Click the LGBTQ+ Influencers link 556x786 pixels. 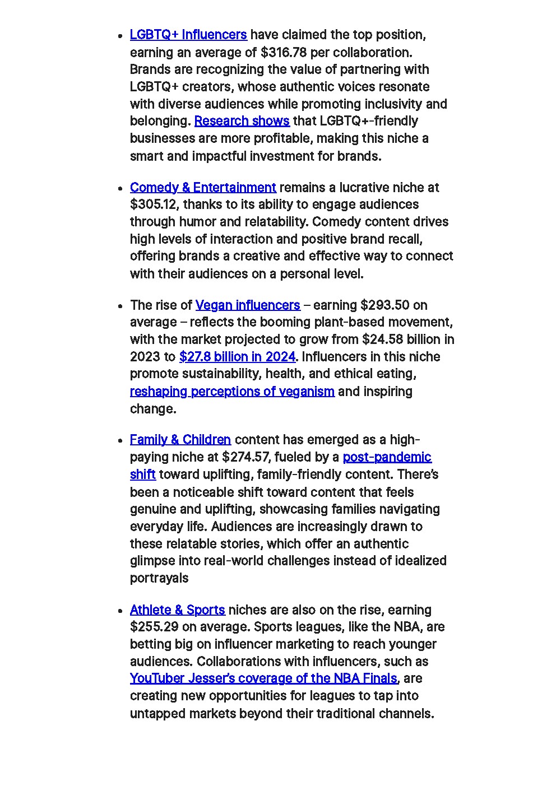click(x=188, y=35)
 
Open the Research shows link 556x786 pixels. click(x=242, y=121)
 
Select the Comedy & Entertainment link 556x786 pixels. click(x=203, y=187)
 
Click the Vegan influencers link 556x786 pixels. click(x=248, y=305)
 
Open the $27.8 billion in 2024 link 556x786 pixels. click(x=237, y=357)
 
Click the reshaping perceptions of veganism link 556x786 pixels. click(x=232, y=392)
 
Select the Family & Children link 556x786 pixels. click(x=180, y=440)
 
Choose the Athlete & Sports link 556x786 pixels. click(x=177, y=610)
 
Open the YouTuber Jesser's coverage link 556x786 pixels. click(x=263, y=678)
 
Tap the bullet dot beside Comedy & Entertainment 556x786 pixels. click(x=121, y=189)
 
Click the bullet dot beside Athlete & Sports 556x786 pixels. click(x=121, y=611)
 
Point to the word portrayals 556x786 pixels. click(x=159, y=578)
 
